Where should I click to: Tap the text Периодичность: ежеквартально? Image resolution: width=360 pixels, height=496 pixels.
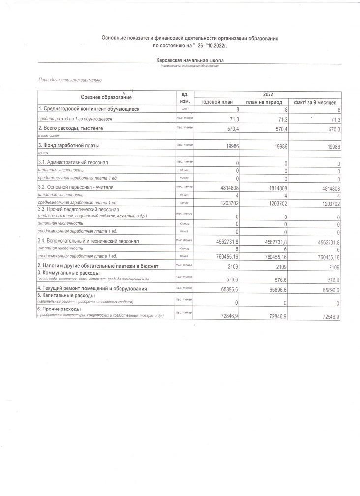click(71, 79)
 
